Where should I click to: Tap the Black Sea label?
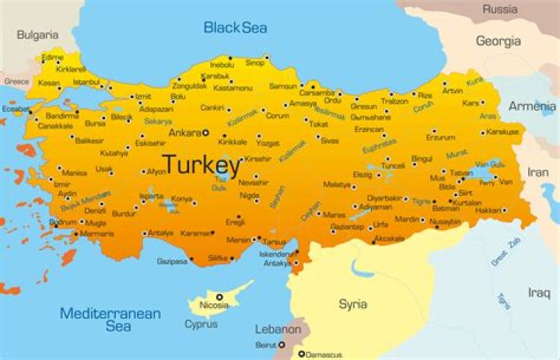[235, 28]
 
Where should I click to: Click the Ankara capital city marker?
[205, 133]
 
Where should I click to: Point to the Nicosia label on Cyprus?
[214, 306]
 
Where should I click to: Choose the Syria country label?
[352, 304]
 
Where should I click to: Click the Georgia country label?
[498, 40]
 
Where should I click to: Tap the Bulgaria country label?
[37, 35]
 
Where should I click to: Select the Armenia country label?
[532, 106]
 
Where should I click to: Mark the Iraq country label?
[539, 292]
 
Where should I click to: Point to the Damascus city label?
[324, 354]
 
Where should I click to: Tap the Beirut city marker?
[282, 344]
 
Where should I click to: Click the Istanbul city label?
[86, 82]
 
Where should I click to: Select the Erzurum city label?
[439, 138]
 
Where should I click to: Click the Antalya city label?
[160, 232]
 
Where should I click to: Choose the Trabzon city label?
[394, 100]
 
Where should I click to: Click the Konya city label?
[181, 199]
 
